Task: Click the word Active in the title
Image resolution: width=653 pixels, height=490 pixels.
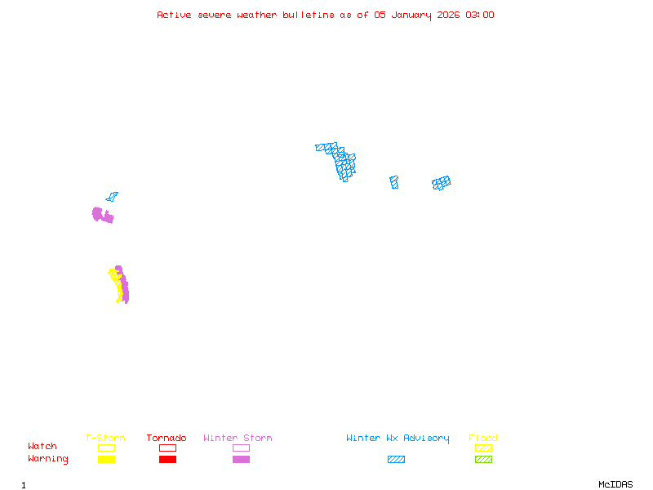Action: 174,15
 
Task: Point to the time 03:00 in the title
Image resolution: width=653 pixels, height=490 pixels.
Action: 479,15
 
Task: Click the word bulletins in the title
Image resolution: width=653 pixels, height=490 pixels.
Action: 308,15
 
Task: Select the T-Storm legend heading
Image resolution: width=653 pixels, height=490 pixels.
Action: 105,439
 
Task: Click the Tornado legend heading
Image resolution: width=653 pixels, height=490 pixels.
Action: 167,439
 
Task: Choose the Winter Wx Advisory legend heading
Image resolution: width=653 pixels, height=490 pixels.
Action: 398,439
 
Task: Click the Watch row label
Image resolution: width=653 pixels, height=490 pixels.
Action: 42,447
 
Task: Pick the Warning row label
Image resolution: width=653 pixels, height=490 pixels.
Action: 48,459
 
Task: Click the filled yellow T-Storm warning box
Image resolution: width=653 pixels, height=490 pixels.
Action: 106,460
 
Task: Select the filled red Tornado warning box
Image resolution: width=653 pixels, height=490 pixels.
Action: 167,460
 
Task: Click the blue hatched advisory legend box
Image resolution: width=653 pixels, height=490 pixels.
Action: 396,460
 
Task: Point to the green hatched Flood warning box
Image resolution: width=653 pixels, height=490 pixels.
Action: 483,460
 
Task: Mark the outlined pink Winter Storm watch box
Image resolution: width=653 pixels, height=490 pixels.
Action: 241,448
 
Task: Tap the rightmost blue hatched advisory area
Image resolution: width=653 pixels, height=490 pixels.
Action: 442,183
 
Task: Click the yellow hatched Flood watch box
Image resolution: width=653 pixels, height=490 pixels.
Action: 483,448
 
